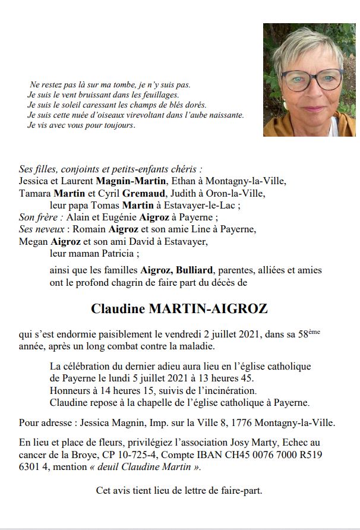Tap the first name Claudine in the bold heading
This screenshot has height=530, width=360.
point(119,308)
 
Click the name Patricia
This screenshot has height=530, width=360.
point(118,253)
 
